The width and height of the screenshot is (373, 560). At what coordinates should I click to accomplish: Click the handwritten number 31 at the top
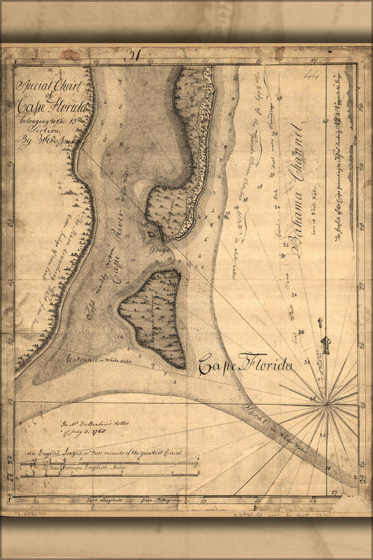pyautogui.click(x=133, y=55)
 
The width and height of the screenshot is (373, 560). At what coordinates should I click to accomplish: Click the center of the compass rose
pyautogui.click(x=327, y=400)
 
